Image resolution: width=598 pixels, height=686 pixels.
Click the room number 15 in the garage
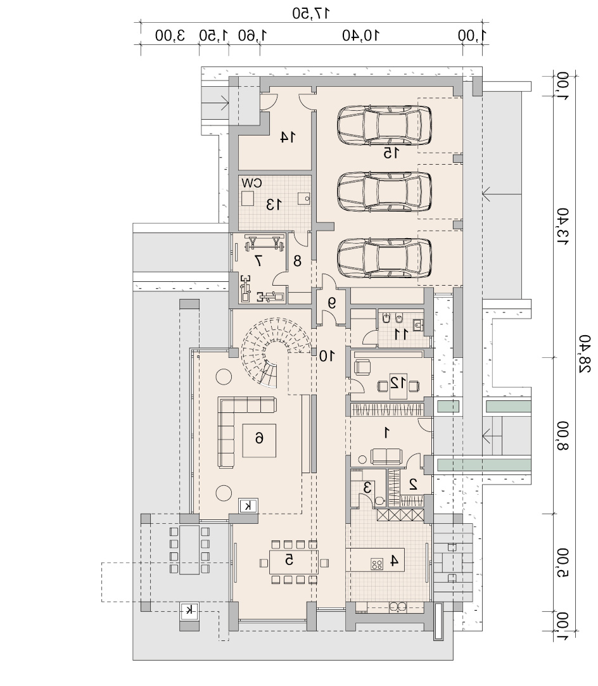pos(391,153)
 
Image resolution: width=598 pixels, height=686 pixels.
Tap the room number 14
pos(288,137)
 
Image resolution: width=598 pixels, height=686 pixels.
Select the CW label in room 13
pos(251,183)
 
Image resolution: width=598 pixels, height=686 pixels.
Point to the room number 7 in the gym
pos(258,261)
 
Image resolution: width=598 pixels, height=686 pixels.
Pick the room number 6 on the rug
pos(259,438)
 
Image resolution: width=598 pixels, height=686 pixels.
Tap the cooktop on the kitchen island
pos(377,564)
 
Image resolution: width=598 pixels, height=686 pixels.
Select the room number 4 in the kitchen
pos(394,561)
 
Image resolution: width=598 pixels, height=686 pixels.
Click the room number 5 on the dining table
pos(289,559)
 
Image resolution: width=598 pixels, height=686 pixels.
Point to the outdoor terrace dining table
pos(189,550)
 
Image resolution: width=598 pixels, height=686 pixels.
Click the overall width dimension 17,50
pos(311,13)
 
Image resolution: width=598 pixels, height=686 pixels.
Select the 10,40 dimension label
pos(361,35)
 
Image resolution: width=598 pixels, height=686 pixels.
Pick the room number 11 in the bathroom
pos(401,334)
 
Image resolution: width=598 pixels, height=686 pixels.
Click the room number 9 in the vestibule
pos(332,302)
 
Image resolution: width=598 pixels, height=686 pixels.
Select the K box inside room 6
pos(248,505)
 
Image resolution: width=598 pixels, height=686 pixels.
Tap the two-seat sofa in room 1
pos(386,456)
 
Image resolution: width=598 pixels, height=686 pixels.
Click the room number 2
pos(412,484)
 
